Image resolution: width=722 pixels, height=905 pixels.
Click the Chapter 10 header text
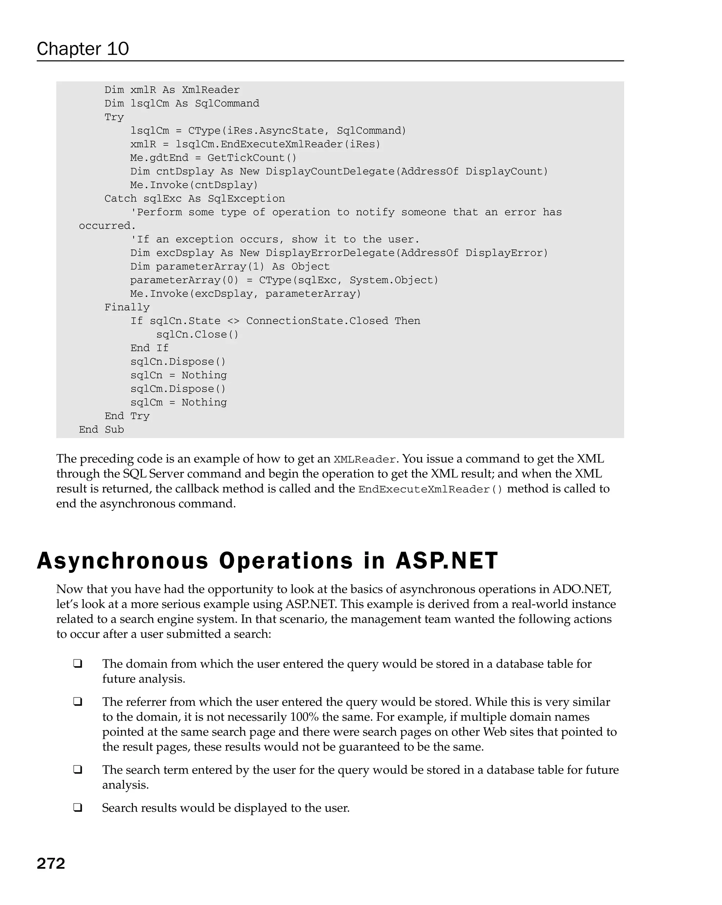coord(82,49)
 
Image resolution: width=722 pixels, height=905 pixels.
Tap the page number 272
coord(51,863)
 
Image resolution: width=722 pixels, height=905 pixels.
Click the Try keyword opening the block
coord(114,117)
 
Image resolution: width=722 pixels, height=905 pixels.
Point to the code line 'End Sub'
coord(101,429)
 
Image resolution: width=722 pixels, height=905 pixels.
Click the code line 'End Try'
coord(127,416)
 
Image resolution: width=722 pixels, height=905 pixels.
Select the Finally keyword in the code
coord(127,307)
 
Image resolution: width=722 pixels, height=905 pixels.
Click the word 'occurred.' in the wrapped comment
coord(107,226)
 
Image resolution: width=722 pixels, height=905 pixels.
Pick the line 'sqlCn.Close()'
coord(197,335)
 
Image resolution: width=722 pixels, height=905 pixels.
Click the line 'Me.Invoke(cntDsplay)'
coord(194,185)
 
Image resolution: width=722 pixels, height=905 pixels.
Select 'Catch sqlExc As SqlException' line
coord(195,199)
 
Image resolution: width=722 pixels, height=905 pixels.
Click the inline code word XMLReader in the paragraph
coord(364,460)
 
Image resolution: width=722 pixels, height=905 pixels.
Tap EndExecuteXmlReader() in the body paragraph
coord(430,489)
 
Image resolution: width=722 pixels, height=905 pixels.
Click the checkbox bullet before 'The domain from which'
coord(78,664)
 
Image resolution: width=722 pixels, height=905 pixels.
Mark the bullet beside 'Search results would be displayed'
coord(78,808)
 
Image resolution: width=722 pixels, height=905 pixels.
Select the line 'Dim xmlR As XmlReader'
coord(172,90)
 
